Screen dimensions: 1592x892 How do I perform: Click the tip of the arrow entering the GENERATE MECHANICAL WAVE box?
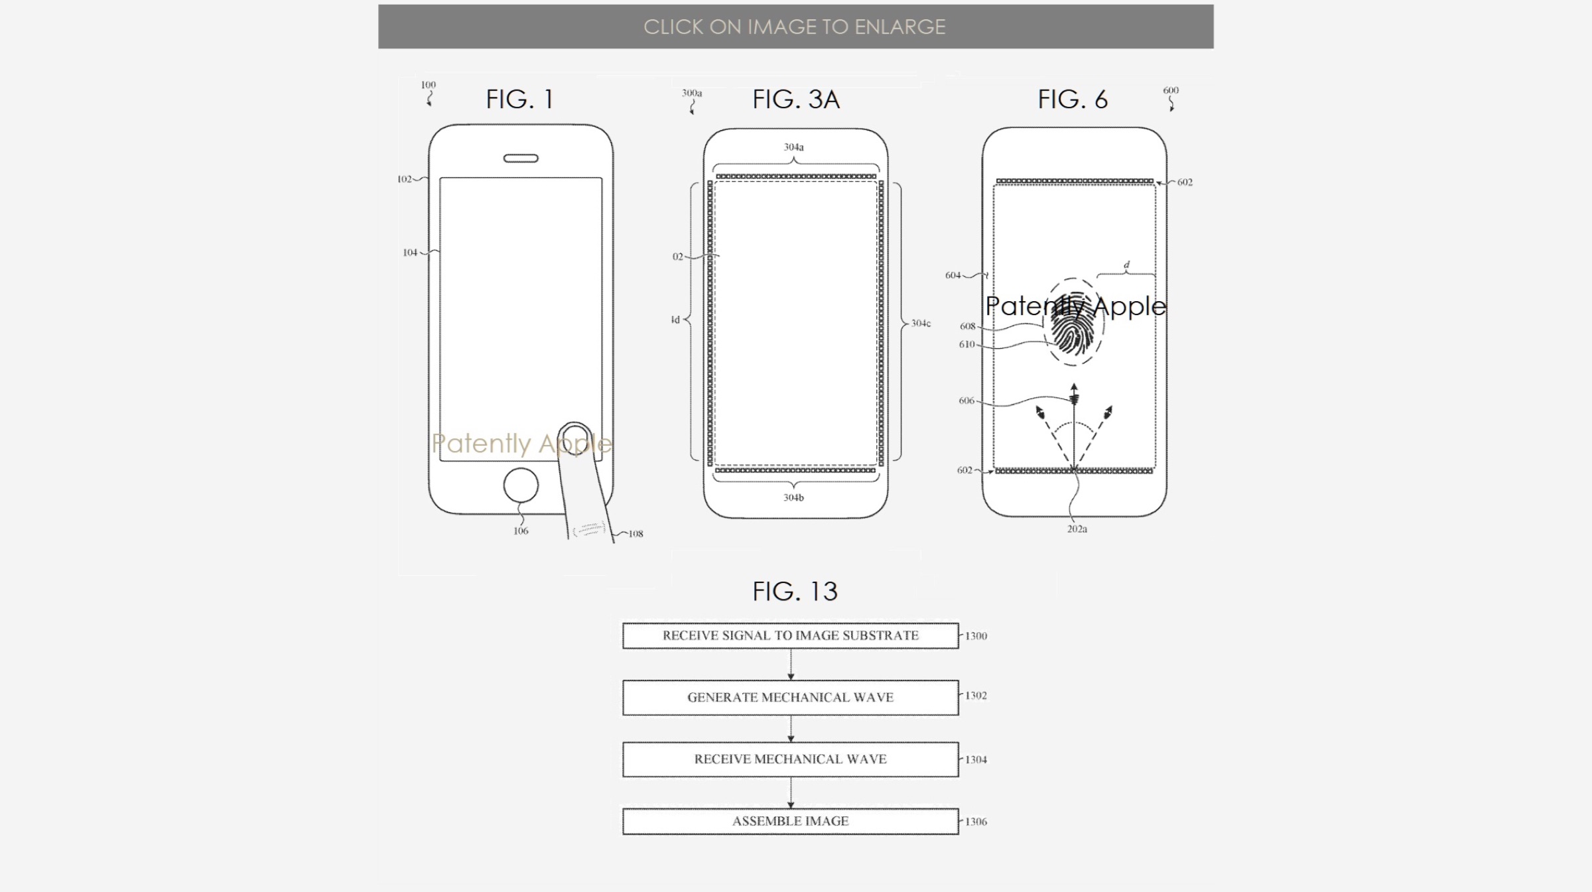pos(791,679)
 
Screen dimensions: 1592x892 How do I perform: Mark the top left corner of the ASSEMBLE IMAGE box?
pos(623,808)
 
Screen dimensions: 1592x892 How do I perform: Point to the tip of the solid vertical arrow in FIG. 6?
pos(1074,383)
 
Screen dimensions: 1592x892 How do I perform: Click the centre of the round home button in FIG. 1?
pos(521,485)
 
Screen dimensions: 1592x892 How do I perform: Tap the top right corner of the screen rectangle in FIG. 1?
pos(602,178)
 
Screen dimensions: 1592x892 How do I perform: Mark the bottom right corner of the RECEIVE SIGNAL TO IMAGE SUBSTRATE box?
pos(959,648)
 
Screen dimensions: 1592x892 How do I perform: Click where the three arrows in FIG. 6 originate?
pos(1074,470)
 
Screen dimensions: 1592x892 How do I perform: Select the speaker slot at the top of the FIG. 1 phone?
pos(521,159)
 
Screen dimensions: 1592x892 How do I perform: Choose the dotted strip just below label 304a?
pos(796,176)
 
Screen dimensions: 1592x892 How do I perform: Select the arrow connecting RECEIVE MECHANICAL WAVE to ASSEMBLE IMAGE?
pos(791,793)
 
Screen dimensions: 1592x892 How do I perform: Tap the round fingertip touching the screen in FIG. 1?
pos(574,438)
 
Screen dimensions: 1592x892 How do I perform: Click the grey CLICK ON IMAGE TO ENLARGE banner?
pos(796,27)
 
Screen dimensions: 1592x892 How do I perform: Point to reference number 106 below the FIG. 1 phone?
pos(521,531)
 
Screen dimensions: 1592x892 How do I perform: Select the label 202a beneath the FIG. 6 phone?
pos(1077,529)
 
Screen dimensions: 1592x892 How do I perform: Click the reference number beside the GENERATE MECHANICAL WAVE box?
pos(976,696)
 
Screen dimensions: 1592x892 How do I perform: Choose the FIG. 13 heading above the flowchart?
pos(795,592)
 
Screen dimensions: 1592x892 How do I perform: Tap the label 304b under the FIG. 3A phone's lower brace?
pos(793,497)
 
